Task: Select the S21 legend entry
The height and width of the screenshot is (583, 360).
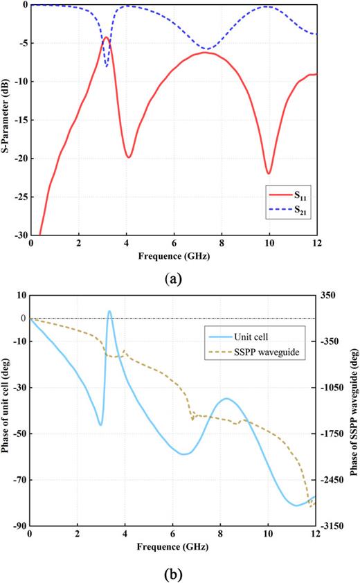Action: [x=294, y=215]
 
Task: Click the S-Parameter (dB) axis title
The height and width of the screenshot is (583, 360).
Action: [x=6, y=120]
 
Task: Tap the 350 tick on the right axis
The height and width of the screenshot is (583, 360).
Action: [x=328, y=295]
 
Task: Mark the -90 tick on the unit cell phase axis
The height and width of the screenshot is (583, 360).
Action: [x=18, y=526]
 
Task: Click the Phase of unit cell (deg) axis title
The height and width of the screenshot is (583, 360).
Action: [x=6, y=411]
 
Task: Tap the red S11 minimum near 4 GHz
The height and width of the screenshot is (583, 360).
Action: [x=129, y=157]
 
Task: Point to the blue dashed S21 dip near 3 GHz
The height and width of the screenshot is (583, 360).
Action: [x=107, y=66]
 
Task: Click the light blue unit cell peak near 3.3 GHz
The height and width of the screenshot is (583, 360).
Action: [x=109, y=312]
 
